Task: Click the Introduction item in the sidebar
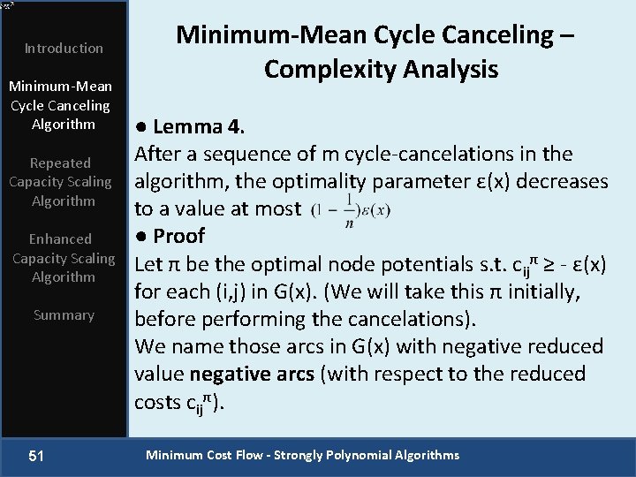64,48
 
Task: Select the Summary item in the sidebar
64,314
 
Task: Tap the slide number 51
36,456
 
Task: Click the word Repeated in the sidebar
60,163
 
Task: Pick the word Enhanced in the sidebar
60,238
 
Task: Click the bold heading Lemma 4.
192,126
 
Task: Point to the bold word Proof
178,236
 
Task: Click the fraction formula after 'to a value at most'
351,209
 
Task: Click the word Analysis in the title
447,69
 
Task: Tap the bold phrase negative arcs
251,374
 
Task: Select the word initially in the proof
557,291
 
